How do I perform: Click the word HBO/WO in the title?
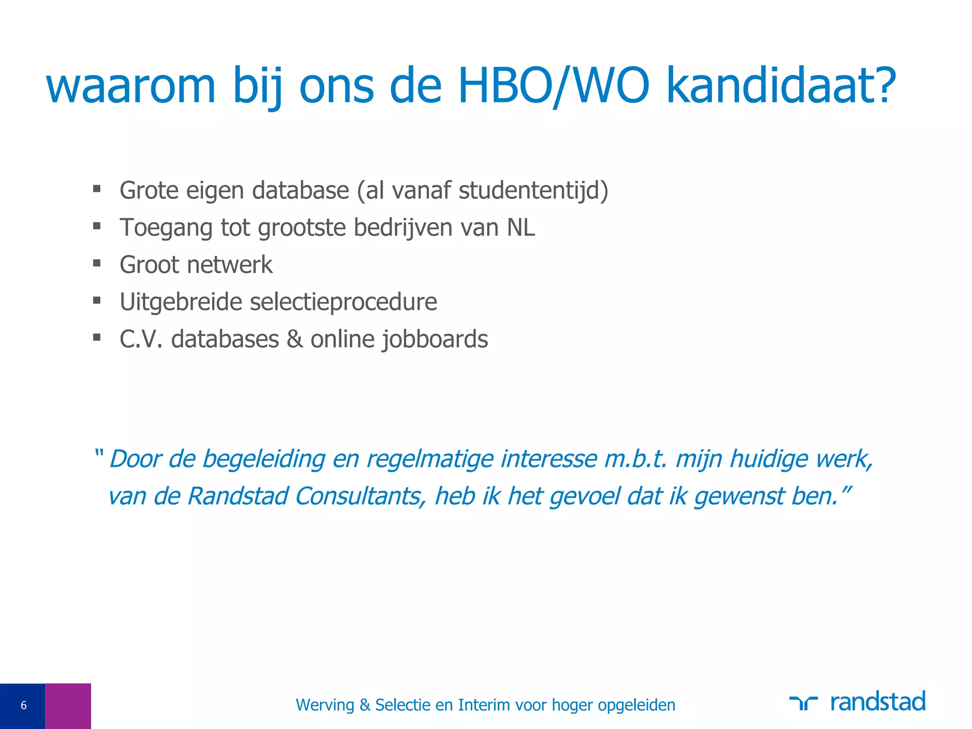tap(553, 85)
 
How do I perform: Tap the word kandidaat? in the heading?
tap(781, 85)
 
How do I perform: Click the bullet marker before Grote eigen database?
tap(97, 189)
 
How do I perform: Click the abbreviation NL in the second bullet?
tap(521, 227)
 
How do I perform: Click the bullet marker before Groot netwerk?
tap(97, 263)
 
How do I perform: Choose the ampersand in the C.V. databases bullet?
tap(295, 339)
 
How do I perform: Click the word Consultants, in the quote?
tap(361, 496)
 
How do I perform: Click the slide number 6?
tap(23, 706)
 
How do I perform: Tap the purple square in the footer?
tap(68, 706)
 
